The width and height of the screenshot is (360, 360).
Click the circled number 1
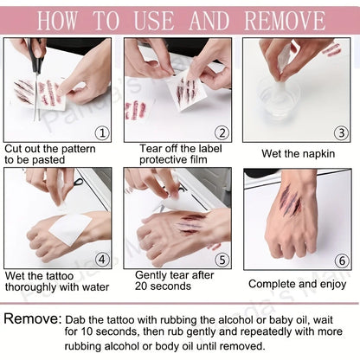[103, 133]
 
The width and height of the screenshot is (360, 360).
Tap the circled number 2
[222, 133]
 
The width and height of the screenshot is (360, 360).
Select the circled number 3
[341, 133]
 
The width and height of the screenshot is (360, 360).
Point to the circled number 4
[102, 260]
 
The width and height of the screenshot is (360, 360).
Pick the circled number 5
[222, 260]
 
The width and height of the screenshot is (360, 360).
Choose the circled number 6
[342, 260]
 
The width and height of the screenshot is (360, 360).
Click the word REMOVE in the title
[285, 21]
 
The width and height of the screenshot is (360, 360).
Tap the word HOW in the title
[58, 21]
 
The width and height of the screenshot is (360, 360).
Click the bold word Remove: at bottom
[33, 318]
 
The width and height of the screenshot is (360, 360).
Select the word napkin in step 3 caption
[318, 154]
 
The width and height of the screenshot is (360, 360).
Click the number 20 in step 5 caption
[141, 286]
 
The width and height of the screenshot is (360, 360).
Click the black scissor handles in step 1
[36, 56]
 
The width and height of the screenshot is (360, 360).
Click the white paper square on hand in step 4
[70, 228]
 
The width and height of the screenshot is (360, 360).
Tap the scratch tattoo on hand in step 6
[291, 201]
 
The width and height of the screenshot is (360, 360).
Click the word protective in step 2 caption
[158, 160]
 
